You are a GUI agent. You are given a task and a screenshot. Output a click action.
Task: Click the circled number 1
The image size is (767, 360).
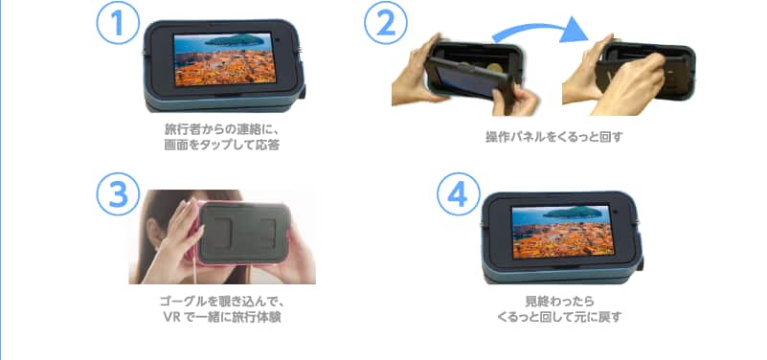[x=118, y=23]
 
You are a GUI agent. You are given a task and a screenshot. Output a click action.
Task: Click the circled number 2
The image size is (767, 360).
[x=386, y=23]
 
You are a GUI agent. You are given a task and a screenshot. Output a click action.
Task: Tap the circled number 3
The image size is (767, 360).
[x=118, y=194]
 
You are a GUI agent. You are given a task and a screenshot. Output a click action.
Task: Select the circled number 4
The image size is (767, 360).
[x=459, y=194]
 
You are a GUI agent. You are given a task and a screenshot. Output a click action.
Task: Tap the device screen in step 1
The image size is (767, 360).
[x=223, y=59]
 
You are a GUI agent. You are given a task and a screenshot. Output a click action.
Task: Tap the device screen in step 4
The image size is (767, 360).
[x=561, y=232]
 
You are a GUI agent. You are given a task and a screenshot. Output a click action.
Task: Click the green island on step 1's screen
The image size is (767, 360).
[x=232, y=40]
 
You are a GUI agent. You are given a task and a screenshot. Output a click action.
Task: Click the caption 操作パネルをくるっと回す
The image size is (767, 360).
[x=554, y=137]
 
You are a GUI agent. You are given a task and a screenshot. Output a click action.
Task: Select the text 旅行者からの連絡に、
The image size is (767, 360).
[x=221, y=130]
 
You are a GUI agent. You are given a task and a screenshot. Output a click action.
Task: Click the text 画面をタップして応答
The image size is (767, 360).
[x=221, y=146]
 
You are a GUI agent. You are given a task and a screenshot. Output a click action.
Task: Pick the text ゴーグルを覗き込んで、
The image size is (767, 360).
[x=222, y=301]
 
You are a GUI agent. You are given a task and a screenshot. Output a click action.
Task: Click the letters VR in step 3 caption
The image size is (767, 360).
[x=171, y=317]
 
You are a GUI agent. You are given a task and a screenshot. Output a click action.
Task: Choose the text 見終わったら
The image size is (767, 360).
[x=559, y=301]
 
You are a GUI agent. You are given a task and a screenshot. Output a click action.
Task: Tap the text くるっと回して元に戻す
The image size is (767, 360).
[x=559, y=317]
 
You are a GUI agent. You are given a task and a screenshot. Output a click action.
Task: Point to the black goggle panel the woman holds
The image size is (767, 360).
[x=243, y=234]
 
